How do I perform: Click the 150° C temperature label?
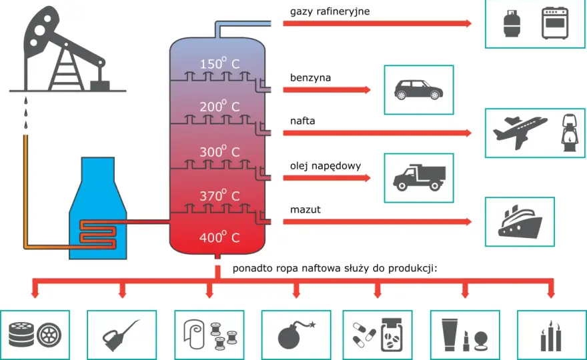click(219, 63)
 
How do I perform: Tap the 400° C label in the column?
click(219, 237)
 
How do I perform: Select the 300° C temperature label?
click(219, 151)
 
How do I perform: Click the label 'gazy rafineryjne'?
click(330, 11)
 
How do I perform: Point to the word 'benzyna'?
click(310, 77)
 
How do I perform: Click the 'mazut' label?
click(305, 209)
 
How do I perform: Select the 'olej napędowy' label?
click(326, 166)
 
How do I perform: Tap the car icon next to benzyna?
click(418, 90)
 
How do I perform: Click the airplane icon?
click(520, 132)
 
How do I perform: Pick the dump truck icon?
click(419, 177)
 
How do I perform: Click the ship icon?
click(520, 221)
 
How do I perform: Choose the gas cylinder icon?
click(512, 23)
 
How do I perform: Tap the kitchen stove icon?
click(555, 23)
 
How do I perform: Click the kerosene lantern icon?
click(570, 133)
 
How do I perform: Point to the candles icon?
click(551, 336)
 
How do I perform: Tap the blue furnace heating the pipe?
click(97, 208)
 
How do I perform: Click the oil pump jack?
click(67, 49)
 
